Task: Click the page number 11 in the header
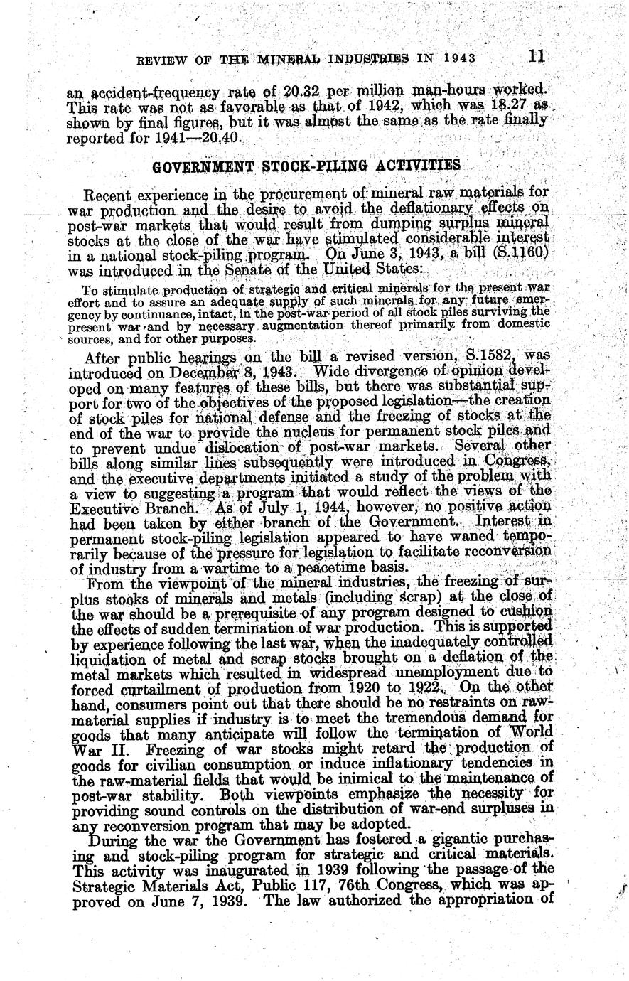(537, 56)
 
